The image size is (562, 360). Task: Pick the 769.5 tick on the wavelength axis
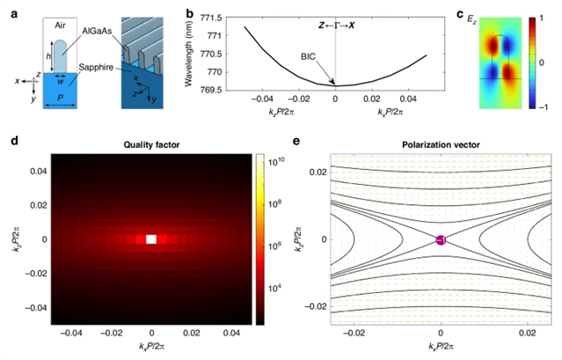pyautogui.click(x=211, y=88)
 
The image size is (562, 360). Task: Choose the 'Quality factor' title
pyautogui.click(x=152, y=145)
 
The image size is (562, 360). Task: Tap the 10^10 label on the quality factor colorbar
pyautogui.click(x=274, y=163)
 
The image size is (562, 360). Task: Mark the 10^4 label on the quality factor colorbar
pyautogui.click(x=274, y=290)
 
